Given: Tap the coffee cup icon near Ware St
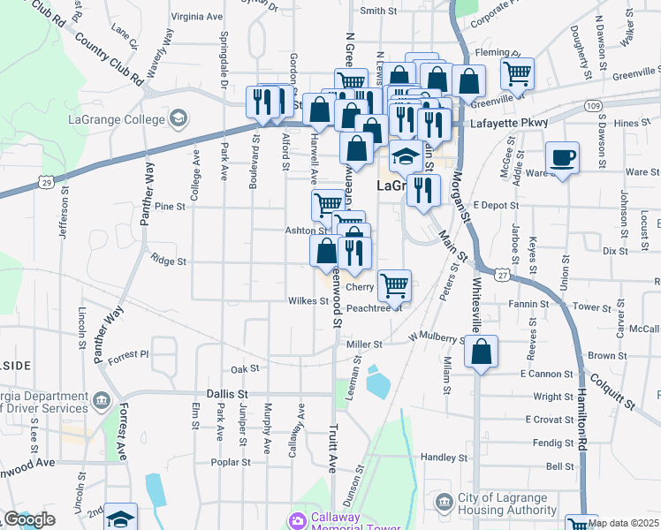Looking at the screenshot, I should click(562, 159).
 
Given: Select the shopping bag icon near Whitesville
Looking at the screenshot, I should click(480, 352).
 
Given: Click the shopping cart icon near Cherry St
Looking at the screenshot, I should click(393, 284).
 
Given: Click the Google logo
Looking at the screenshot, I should click(29, 519).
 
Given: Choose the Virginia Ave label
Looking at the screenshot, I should click(197, 16).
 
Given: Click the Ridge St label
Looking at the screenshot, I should click(169, 261).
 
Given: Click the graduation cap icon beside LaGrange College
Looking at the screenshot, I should click(179, 118).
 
